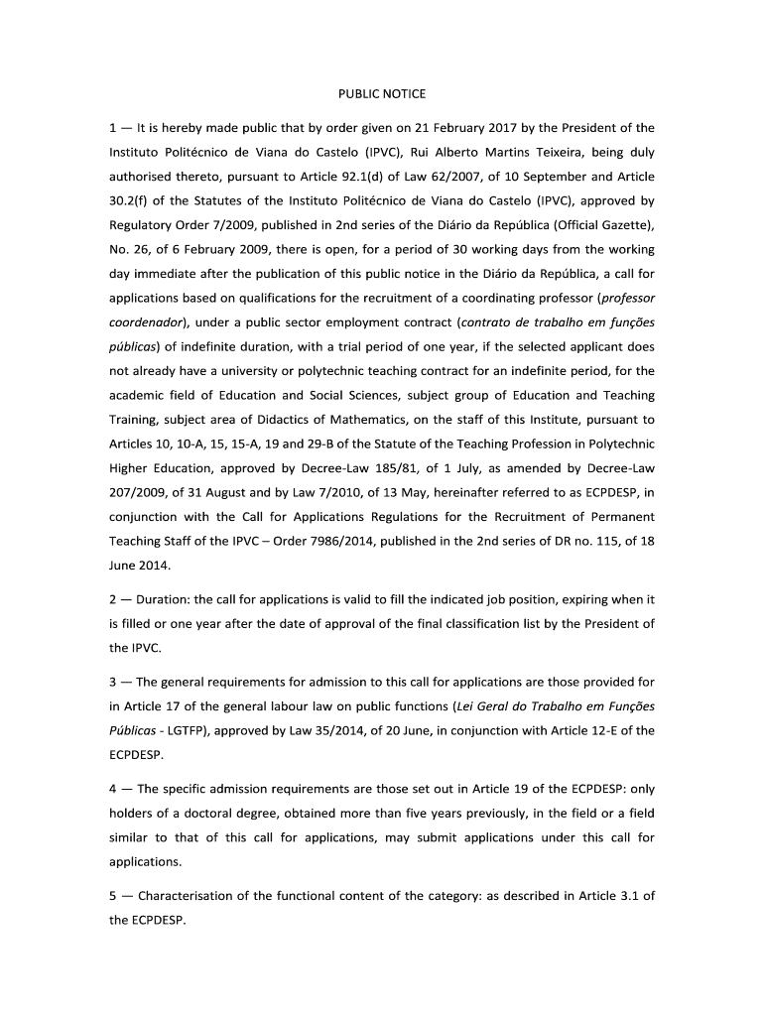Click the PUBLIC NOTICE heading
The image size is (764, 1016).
[382, 94]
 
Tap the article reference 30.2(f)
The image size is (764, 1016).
[131, 201]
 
